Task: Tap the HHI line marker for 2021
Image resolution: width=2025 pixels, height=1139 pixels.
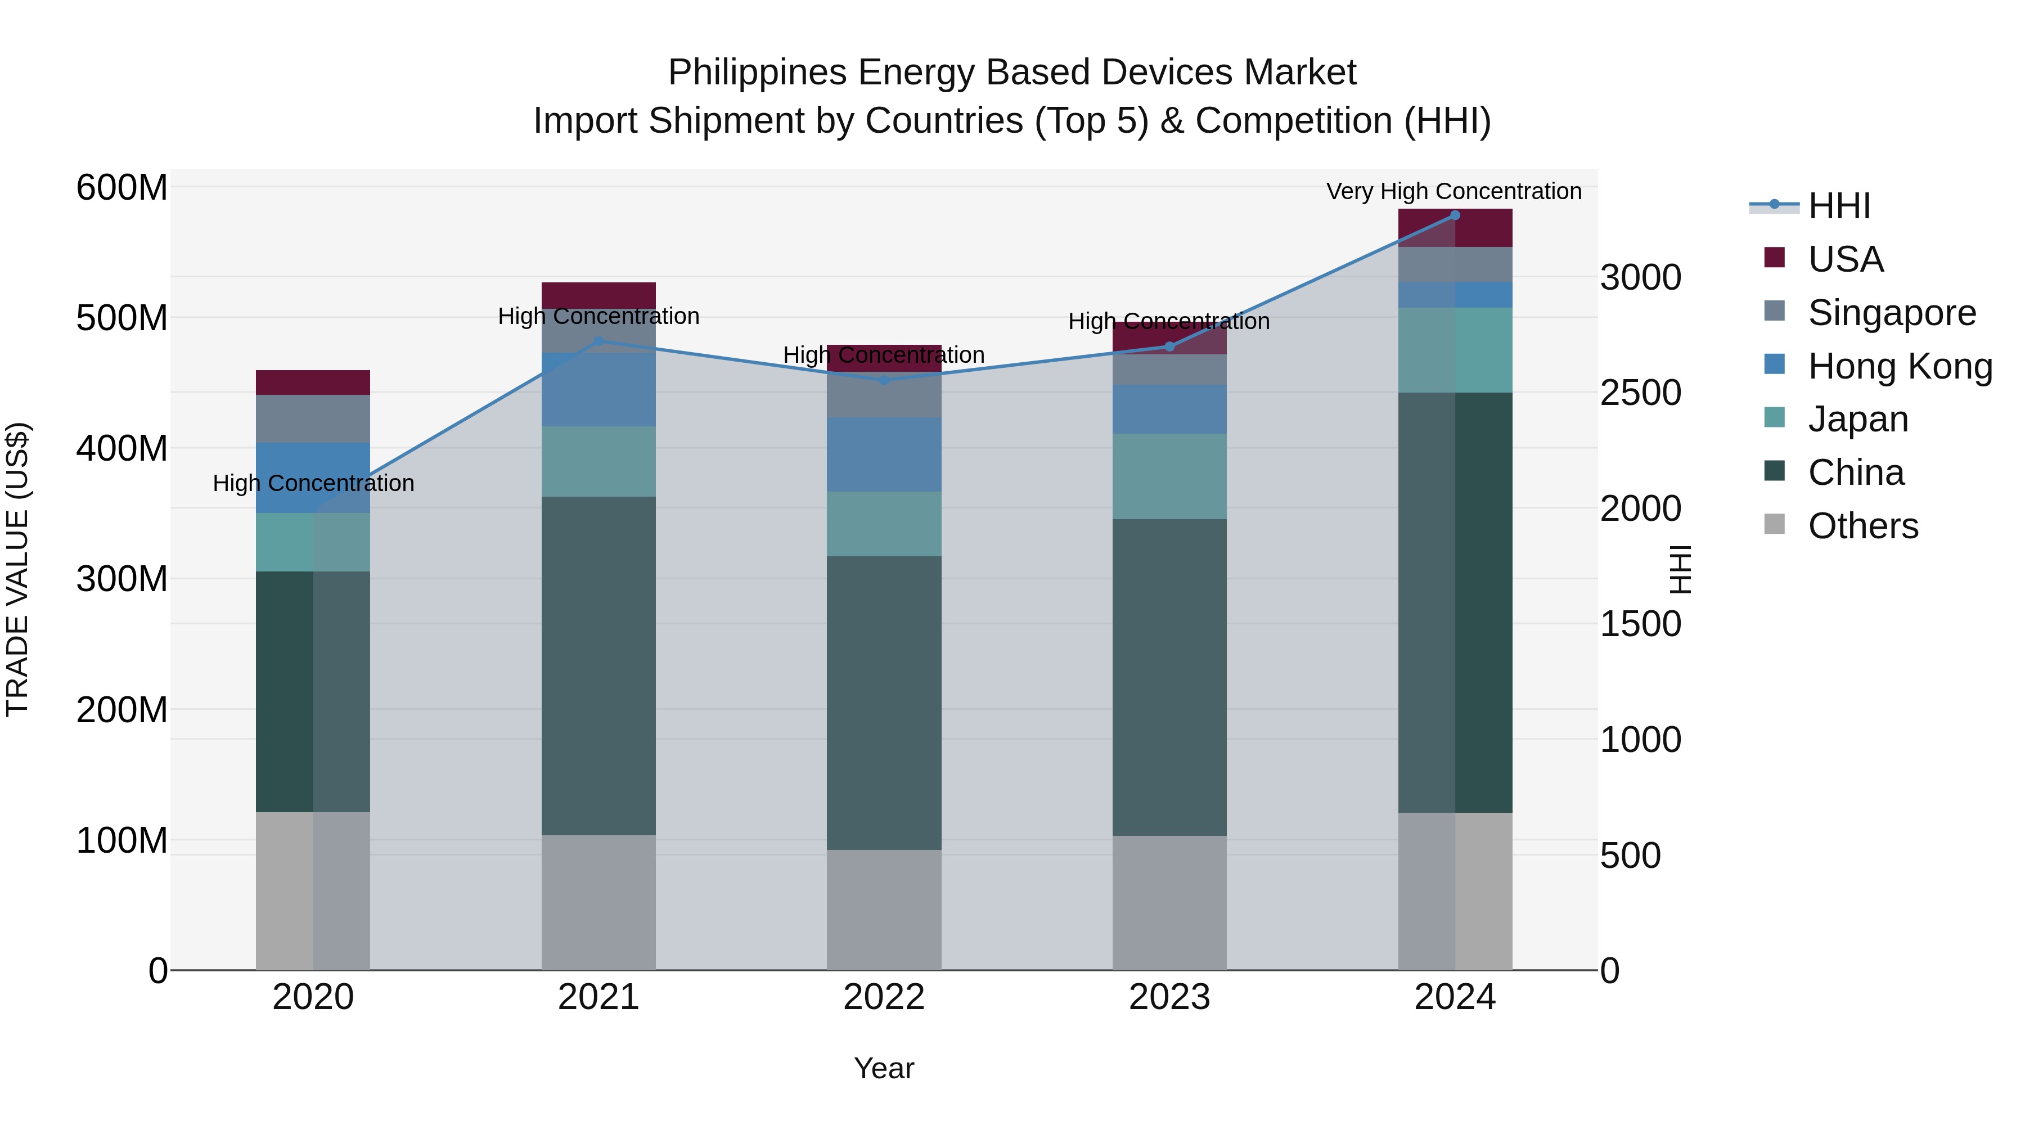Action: pyautogui.click(x=598, y=341)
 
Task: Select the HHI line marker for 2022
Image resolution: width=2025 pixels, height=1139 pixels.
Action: pyautogui.click(x=884, y=380)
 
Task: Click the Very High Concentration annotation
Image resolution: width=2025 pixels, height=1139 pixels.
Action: pyautogui.click(x=1453, y=191)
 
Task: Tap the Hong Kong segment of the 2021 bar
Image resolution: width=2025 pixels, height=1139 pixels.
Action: pyautogui.click(x=598, y=390)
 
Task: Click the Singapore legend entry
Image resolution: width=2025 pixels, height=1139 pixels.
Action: pyautogui.click(x=1891, y=313)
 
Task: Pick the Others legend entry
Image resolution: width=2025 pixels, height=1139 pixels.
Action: pyautogui.click(x=1862, y=526)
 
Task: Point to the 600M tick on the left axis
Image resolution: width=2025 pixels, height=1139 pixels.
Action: pyautogui.click(x=122, y=188)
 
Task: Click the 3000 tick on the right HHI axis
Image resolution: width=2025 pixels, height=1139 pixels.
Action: pyautogui.click(x=1641, y=277)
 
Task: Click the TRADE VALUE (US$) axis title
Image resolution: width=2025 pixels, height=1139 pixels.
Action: pyautogui.click(x=17, y=569)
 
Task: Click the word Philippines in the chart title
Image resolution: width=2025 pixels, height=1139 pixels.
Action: pyautogui.click(x=757, y=73)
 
